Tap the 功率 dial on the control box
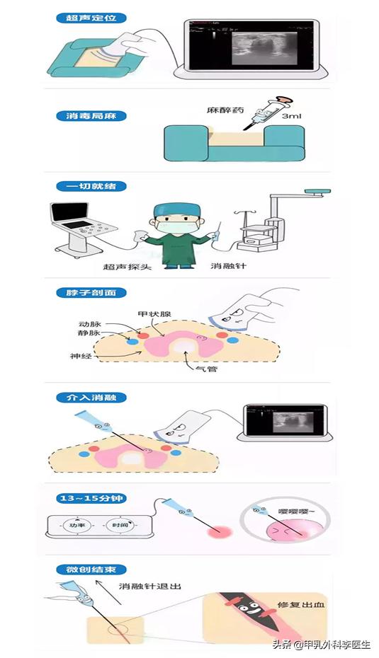73,526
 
